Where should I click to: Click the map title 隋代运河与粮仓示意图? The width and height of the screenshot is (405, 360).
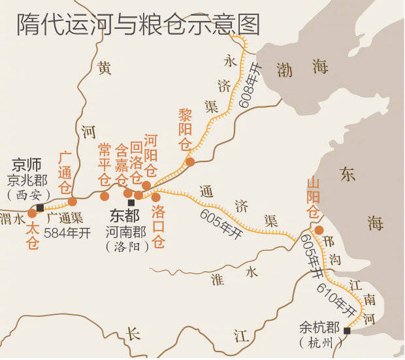[138, 25]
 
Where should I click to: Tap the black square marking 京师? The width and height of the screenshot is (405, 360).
[40, 207]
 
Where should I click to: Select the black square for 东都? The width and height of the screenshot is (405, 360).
[131, 203]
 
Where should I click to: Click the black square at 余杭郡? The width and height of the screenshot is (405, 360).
[347, 331]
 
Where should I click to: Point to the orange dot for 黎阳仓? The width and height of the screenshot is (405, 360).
[189, 161]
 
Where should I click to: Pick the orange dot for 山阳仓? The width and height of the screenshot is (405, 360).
[319, 230]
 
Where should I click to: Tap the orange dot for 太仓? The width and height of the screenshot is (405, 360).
[32, 213]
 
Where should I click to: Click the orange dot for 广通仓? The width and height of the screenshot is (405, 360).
[73, 201]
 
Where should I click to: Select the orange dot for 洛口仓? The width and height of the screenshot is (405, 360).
[156, 197]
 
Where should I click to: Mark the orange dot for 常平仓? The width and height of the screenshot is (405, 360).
[105, 196]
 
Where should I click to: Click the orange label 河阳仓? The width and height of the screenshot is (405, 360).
[151, 156]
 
